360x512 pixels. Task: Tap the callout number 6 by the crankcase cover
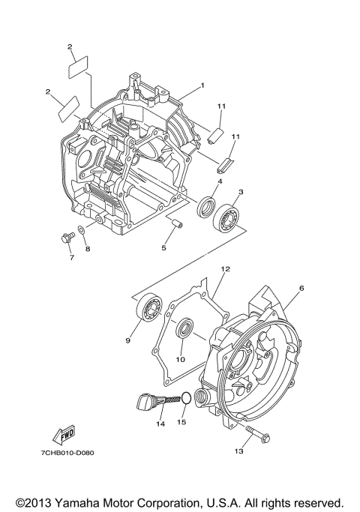(x=301, y=288)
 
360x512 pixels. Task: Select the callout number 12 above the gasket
(x=223, y=268)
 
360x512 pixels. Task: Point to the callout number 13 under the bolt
(x=239, y=451)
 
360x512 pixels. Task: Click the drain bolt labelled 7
(x=64, y=238)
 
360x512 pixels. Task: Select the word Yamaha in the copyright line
(x=91, y=501)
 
